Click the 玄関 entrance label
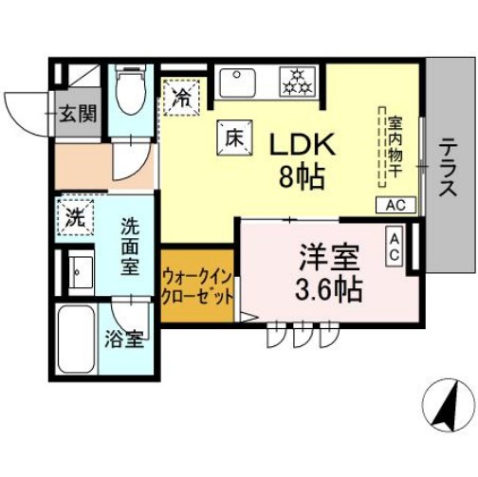tap(79, 114)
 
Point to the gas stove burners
tap(303, 83)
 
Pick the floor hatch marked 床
tap(234, 137)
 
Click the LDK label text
tap(302, 144)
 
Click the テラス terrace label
tap(448, 170)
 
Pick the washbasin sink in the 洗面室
tap(79, 273)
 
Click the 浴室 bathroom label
tap(124, 339)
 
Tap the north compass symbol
tap(446, 404)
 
